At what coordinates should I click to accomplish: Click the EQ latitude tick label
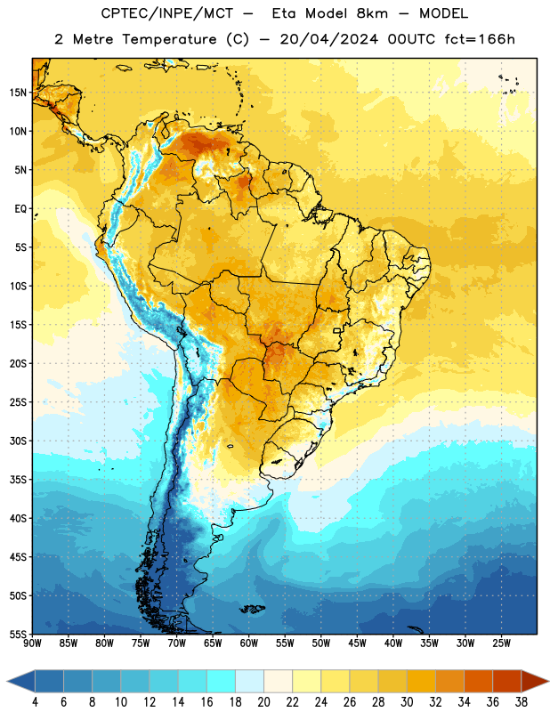pyautogui.click(x=20, y=209)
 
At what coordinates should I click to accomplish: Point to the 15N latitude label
pyautogui.click(x=18, y=93)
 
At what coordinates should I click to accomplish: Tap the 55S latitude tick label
pyautogui.click(x=18, y=634)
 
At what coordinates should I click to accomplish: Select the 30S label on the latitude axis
pyautogui.click(x=18, y=441)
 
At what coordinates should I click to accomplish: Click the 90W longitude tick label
pyautogui.click(x=32, y=643)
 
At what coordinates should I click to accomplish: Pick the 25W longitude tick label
pyautogui.click(x=501, y=643)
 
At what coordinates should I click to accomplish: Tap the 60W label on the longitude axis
pyautogui.click(x=249, y=643)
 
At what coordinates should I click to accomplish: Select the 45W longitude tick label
pyautogui.click(x=357, y=643)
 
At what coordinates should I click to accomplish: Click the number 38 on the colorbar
pyautogui.click(x=521, y=702)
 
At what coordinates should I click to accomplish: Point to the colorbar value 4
pyautogui.click(x=35, y=702)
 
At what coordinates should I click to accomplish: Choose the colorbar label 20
pyautogui.click(x=263, y=702)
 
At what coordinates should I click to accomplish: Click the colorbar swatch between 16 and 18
pyautogui.click(x=222, y=681)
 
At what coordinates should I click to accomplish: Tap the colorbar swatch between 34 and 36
pyautogui.click(x=478, y=681)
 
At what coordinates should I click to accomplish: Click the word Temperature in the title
pyautogui.click(x=169, y=39)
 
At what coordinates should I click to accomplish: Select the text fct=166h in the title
pyautogui.click(x=480, y=39)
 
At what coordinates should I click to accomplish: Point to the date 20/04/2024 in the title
pyautogui.click(x=328, y=39)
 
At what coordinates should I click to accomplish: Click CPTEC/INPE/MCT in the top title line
pyautogui.click(x=167, y=13)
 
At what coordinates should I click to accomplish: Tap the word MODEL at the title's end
pyautogui.click(x=443, y=13)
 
